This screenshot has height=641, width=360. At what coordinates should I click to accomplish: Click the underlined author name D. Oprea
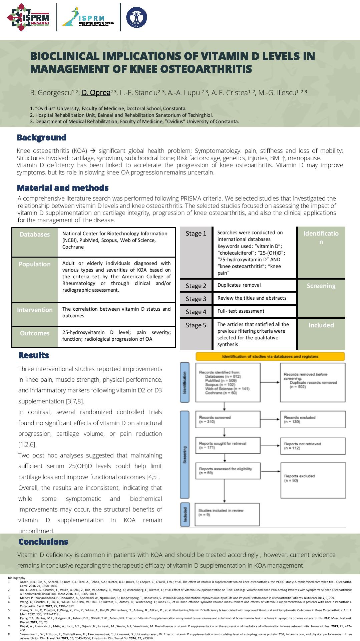point(96,93)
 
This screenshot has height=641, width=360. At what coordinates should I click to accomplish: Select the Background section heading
point(42,137)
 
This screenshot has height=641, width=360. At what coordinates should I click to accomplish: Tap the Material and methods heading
point(63,188)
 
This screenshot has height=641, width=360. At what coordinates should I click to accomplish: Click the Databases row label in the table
point(35,235)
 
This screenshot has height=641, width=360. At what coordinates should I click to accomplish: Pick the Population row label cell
point(35,264)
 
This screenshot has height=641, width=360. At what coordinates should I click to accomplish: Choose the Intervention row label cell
point(35,310)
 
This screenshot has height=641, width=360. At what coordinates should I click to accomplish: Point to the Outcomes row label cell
point(35,333)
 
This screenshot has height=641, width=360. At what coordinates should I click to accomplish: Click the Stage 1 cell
point(196,234)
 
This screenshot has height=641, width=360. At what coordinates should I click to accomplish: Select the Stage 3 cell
point(196,299)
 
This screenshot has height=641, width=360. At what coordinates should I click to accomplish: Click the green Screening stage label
point(321,286)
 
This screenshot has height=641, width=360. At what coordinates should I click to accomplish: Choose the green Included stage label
point(321,325)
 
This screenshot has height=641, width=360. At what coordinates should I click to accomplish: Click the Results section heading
point(34,355)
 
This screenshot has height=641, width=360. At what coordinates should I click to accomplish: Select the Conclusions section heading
point(43,542)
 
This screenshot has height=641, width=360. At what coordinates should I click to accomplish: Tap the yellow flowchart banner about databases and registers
point(270,357)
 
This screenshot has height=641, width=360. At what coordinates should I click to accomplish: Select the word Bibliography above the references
point(16,578)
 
